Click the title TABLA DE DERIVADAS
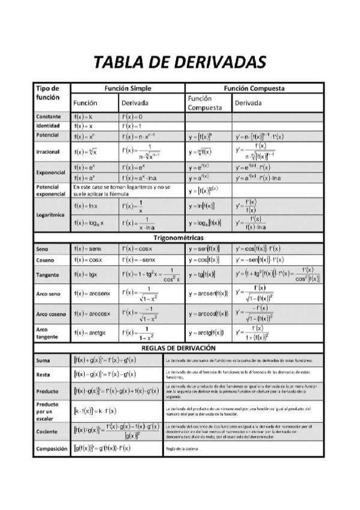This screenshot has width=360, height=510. tap(180, 62)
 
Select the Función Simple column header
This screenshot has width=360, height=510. tap(127, 88)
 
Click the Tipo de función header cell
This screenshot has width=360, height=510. tap(47, 93)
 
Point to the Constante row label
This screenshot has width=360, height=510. tap(47, 116)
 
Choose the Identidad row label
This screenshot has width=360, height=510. tap(47, 126)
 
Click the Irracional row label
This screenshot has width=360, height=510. tap(47, 152)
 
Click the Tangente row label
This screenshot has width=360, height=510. tap(48, 274)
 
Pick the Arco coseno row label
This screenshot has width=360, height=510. tap(50, 314)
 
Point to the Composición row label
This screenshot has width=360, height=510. tap(50, 449)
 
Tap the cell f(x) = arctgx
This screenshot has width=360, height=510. tap(91, 333)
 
